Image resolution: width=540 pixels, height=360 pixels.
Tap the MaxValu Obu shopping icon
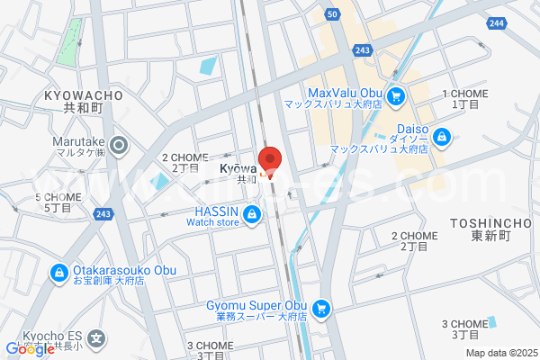coord(395,94)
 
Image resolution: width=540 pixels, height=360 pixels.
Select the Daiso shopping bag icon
coord(442,137)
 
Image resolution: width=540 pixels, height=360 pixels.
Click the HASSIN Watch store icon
coord(253,214)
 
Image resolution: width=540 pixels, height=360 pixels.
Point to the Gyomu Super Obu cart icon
coord(321,309)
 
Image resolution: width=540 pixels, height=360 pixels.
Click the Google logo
coord(29,349)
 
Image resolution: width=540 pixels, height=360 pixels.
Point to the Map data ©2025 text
coord(500,353)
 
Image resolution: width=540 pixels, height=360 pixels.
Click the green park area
coord(68,40)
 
